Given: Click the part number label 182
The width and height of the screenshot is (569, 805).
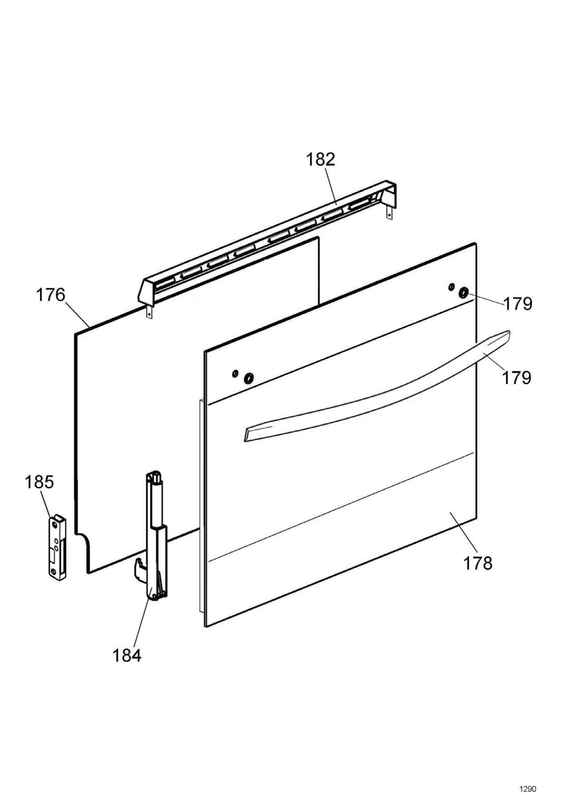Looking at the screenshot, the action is [320, 160].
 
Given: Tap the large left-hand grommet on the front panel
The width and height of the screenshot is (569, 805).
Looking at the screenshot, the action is [249, 378].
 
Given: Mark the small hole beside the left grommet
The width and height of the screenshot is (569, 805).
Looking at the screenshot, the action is [235, 374].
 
